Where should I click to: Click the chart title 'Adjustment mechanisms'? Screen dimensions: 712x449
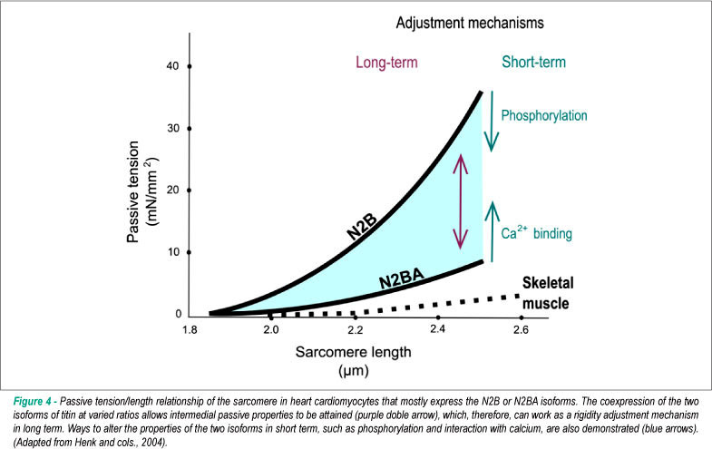point(470,23)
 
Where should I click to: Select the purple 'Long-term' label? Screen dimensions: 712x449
point(386,63)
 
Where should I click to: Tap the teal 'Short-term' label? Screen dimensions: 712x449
point(533,62)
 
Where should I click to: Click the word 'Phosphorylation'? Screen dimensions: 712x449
point(544,115)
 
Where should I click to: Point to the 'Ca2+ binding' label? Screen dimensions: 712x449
point(536,232)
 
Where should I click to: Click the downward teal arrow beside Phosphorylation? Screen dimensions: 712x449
point(492,122)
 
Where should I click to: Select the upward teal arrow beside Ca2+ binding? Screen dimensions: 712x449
point(492,231)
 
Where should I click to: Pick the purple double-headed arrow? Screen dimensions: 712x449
point(461,201)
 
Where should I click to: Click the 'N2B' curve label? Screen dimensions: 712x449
point(362,226)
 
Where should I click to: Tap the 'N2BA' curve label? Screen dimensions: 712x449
point(402,278)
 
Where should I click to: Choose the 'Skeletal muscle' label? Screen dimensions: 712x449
point(548,293)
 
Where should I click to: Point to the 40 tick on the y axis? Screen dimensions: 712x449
point(190,66)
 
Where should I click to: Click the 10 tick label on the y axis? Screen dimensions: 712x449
point(173,252)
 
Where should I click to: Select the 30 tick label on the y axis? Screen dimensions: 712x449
point(173,128)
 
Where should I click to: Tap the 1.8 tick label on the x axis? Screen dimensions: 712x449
point(190,330)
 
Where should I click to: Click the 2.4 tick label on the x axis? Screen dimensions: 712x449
point(438,328)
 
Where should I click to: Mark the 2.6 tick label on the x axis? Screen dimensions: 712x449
point(522,329)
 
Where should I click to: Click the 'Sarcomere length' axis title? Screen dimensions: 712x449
point(353,352)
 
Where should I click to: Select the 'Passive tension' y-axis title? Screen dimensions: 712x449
point(132,191)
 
